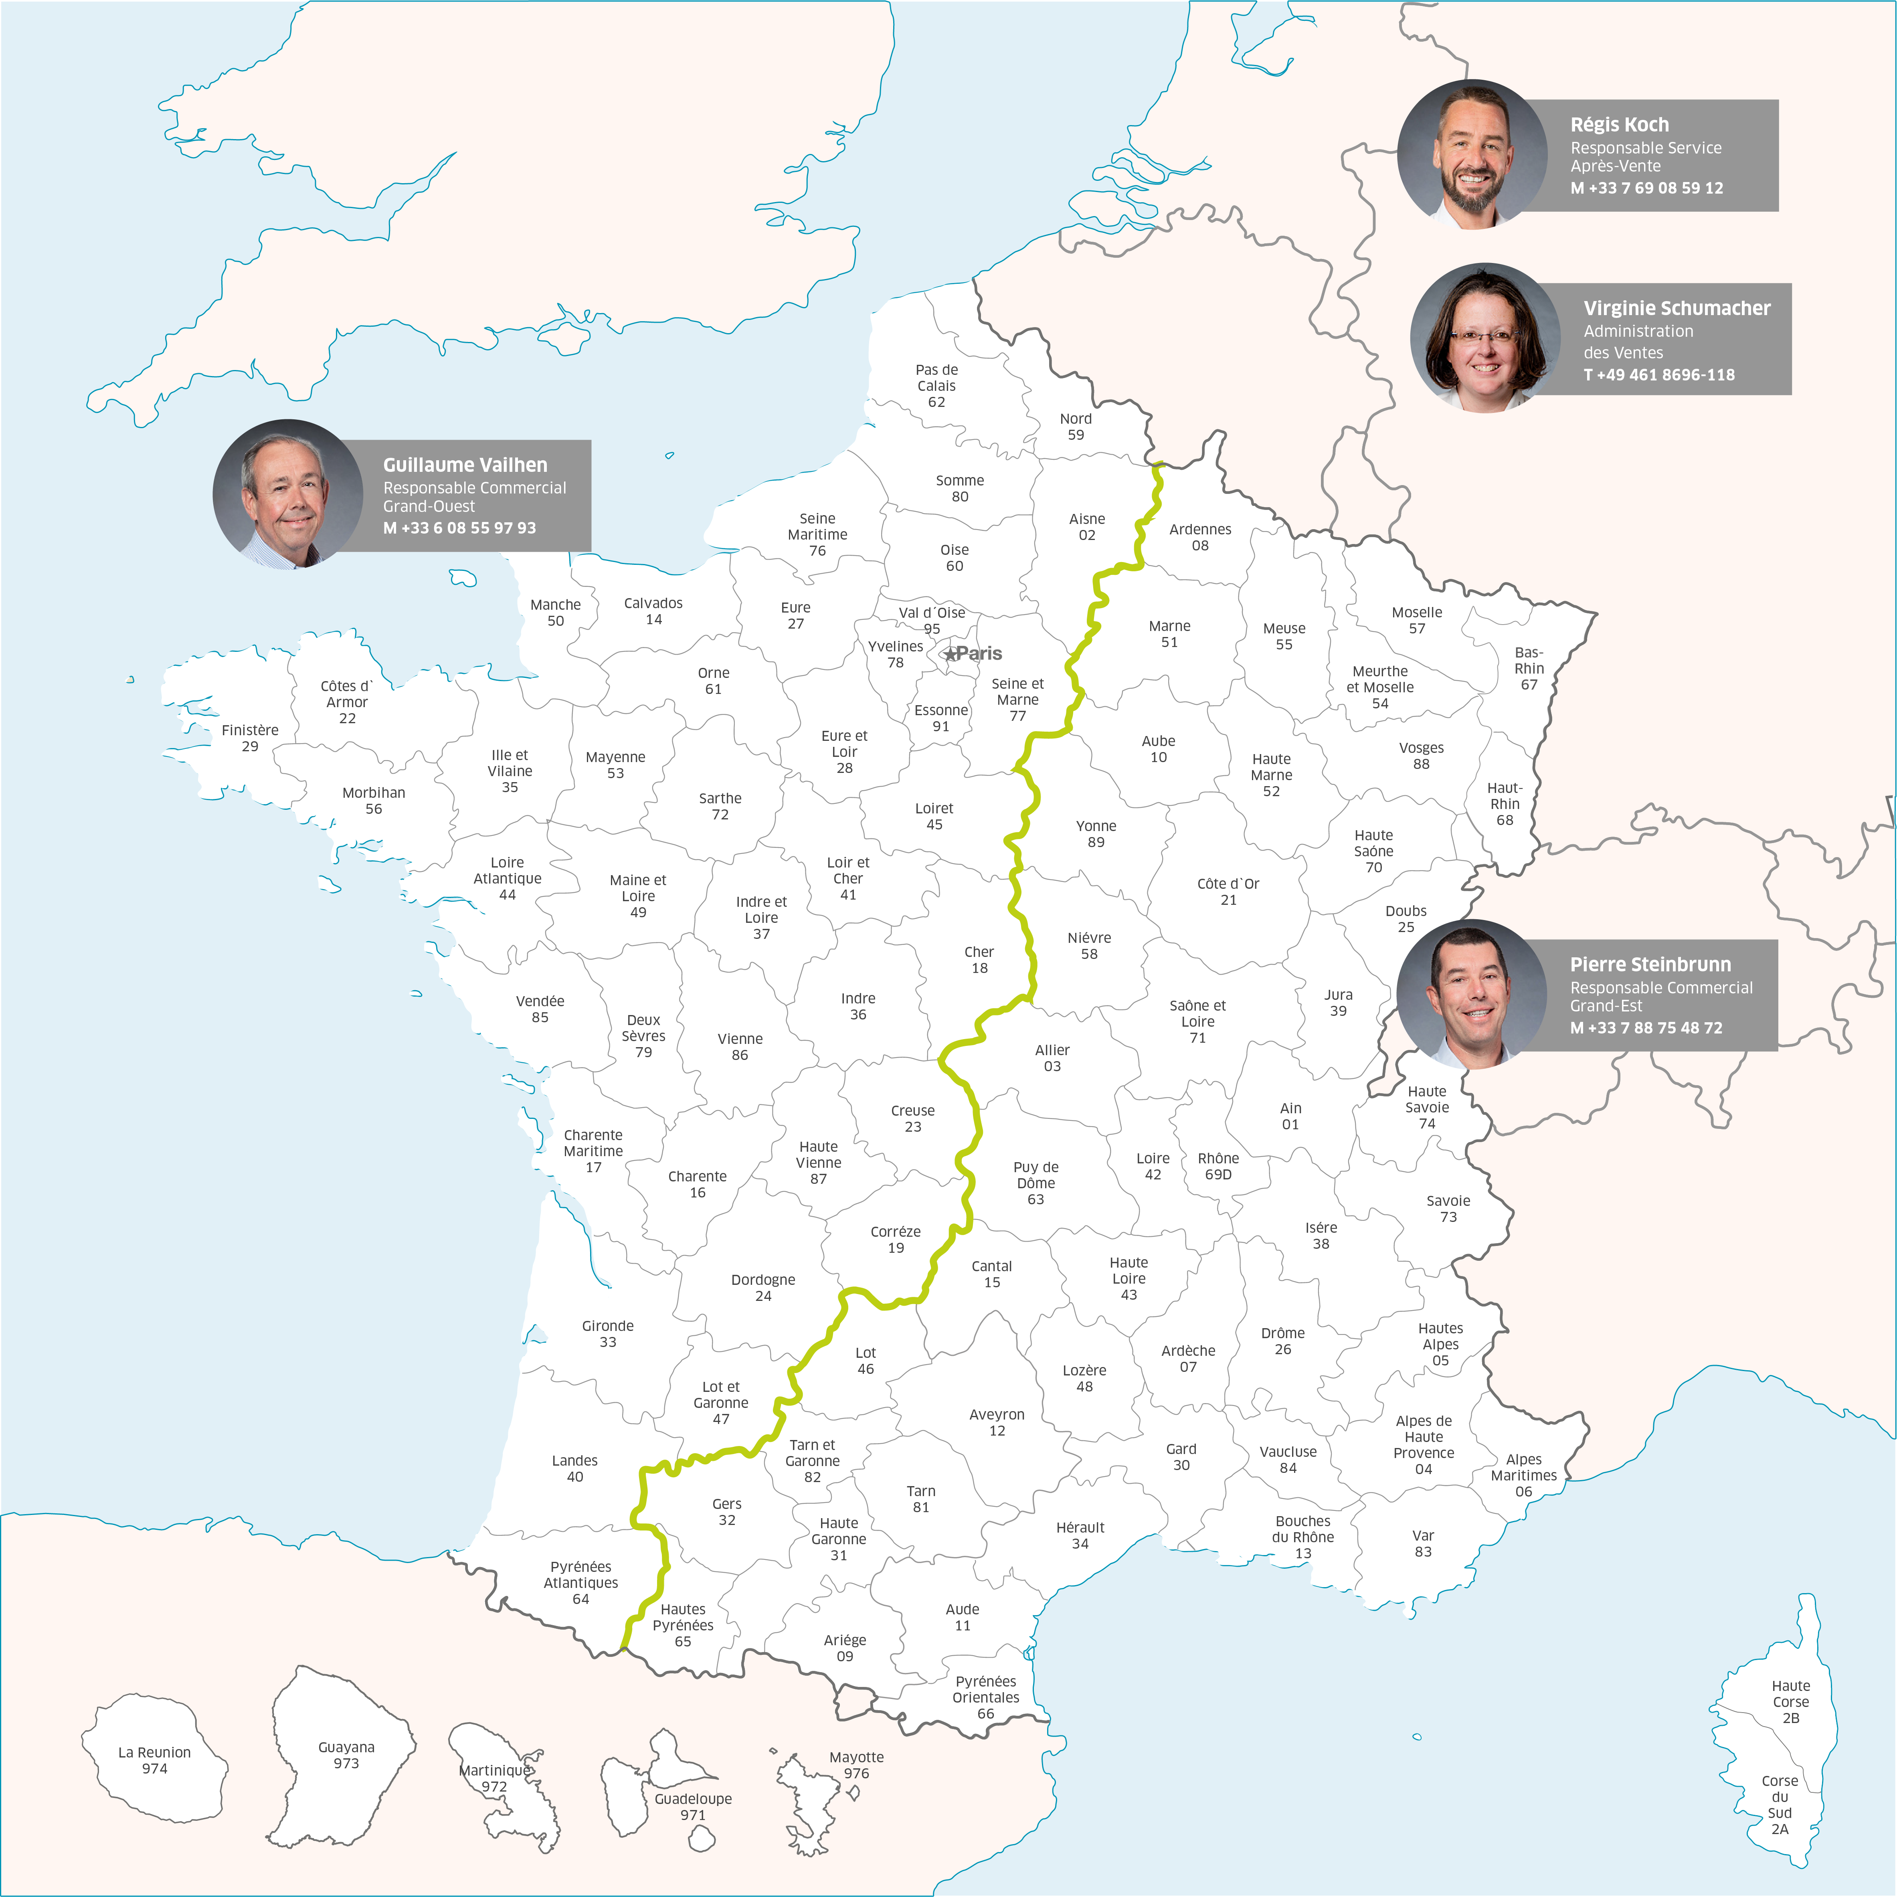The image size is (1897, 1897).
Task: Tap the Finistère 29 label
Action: coord(249,737)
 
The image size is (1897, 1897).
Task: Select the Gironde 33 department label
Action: coord(608,1333)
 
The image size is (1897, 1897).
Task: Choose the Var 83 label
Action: coord(1423,1543)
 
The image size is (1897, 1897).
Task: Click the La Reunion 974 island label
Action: coord(154,1761)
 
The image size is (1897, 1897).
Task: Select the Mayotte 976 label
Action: coord(856,1764)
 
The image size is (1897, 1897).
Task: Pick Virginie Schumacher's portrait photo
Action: coord(1484,338)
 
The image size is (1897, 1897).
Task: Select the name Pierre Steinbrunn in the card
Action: coord(1650,964)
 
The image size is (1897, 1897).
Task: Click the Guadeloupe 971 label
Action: coord(693,1807)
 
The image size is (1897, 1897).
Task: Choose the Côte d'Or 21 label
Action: coord(1228,892)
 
